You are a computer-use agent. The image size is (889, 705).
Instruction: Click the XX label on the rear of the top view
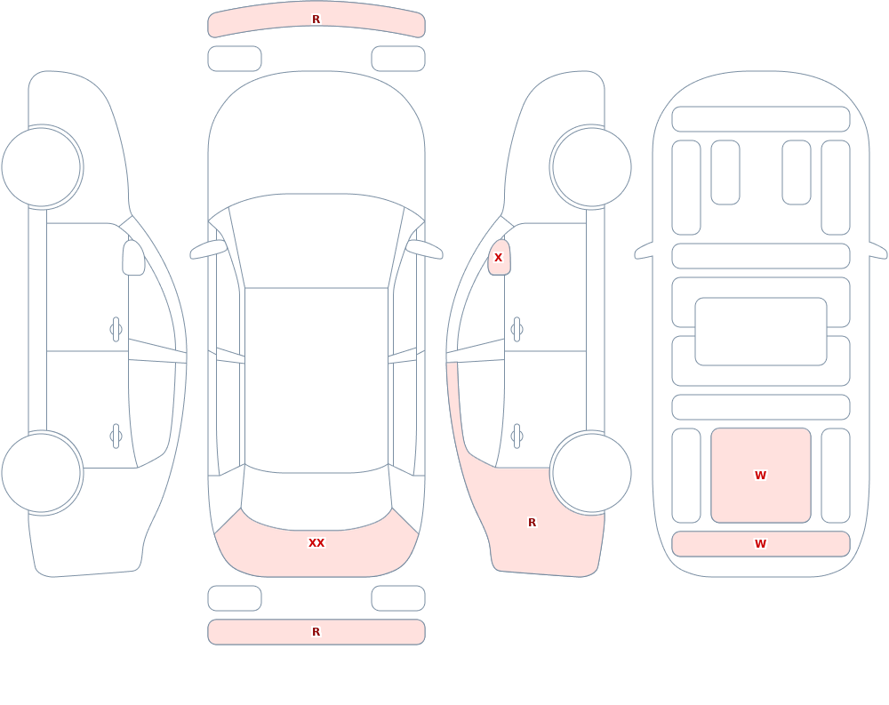pyautogui.click(x=316, y=543)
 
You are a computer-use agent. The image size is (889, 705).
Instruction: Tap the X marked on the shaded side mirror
pyautogui.click(x=499, y=258)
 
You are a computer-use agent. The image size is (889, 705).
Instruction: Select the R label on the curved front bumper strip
pyautogui.click(x=316, y=20)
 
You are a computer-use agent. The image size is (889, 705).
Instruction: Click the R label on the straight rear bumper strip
pyautogui.click(x=316, y=632)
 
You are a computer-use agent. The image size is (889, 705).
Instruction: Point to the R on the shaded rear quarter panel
pyautogui.click(x=532, y=523)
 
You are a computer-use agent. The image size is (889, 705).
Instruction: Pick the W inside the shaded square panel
pyautogui.click(x=761, y=476)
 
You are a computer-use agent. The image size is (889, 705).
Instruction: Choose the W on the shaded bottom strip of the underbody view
pyautogui.click(x=761, y=544)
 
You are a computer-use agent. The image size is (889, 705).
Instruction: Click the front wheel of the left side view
pyautogui.click(x=42, y=167)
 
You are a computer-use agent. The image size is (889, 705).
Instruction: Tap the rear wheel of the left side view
pyautogui.click(x=42, y=473)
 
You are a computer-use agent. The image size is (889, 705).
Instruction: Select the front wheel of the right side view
pyautogui.click(x=591, y=167)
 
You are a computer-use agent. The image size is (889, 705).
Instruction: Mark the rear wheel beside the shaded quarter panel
pyautogui.click(x=591, y=473)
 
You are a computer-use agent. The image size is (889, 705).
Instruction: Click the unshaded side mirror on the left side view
pyautogui.click(x=134, y=258)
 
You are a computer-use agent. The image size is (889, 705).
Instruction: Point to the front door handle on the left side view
pyautogui.click(x=116, y=330)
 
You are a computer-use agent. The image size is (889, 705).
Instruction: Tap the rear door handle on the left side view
pyautogui.click(x=116, y=437)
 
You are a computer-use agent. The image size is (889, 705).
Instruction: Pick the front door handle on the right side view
pyautogui.click(x=517, y=330)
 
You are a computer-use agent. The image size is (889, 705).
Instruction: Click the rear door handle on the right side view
pyautogui.click(x=517, y=437)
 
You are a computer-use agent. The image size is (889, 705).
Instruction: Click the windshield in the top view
pyautogui.click(x=316, y=241)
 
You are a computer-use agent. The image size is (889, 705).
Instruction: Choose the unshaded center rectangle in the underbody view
pyautogui.click(x=761, y=332)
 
